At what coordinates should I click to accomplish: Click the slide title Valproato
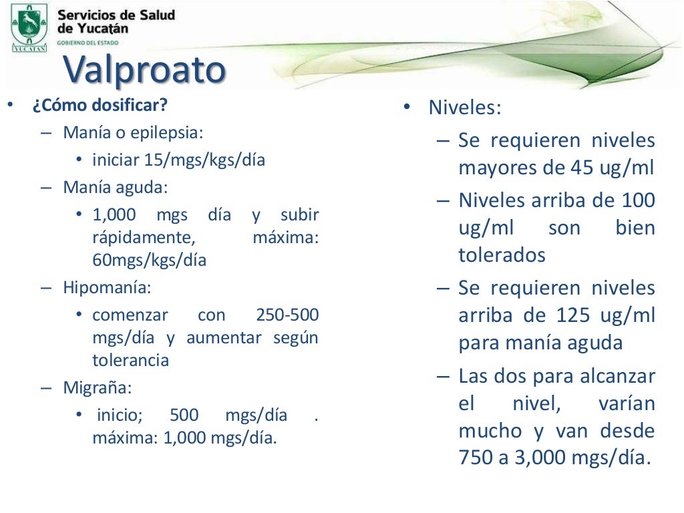coord(144,69)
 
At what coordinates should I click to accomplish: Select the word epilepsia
coord(171,132)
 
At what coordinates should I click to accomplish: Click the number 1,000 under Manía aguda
coord(114,215)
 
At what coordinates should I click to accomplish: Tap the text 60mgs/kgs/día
coord(149,261)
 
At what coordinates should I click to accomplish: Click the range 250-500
coord(287,315)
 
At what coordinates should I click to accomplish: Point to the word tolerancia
coord(130,361)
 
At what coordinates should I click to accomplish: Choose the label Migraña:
coord(98,387)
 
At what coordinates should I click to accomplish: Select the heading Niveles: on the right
coord(464,108)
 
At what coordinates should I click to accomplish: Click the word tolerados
coord(502,255)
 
